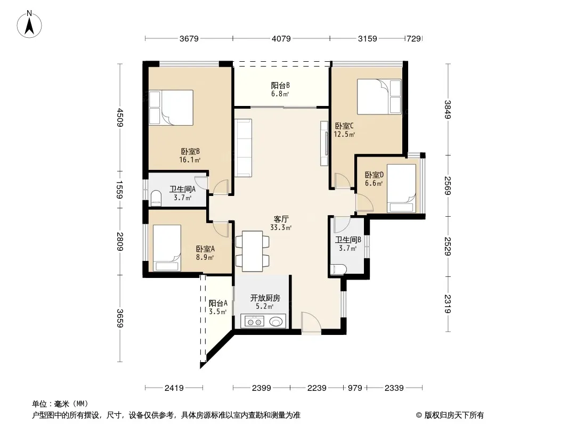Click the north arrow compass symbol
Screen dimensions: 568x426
(29, 24)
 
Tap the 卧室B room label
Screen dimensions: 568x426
(190, 151)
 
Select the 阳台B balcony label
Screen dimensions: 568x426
(280, 85)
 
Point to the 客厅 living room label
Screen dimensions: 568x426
(281, 219)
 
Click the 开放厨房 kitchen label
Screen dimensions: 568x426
(265, 298)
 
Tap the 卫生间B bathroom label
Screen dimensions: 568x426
(348, 240)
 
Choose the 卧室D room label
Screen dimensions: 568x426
(374, 175)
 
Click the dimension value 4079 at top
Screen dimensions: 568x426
(281, 38)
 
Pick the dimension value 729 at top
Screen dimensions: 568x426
(413, 38)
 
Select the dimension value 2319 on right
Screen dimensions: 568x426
(448, 304)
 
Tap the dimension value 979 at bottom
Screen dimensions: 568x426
(355, 388)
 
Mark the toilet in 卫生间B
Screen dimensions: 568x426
(338, 269)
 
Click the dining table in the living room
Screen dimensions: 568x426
(252, 251)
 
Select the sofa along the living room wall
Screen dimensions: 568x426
(243, 148)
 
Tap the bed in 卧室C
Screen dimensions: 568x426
(379, 96)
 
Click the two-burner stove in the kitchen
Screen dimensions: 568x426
(253, 322)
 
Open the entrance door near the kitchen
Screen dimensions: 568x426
(311, 323)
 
